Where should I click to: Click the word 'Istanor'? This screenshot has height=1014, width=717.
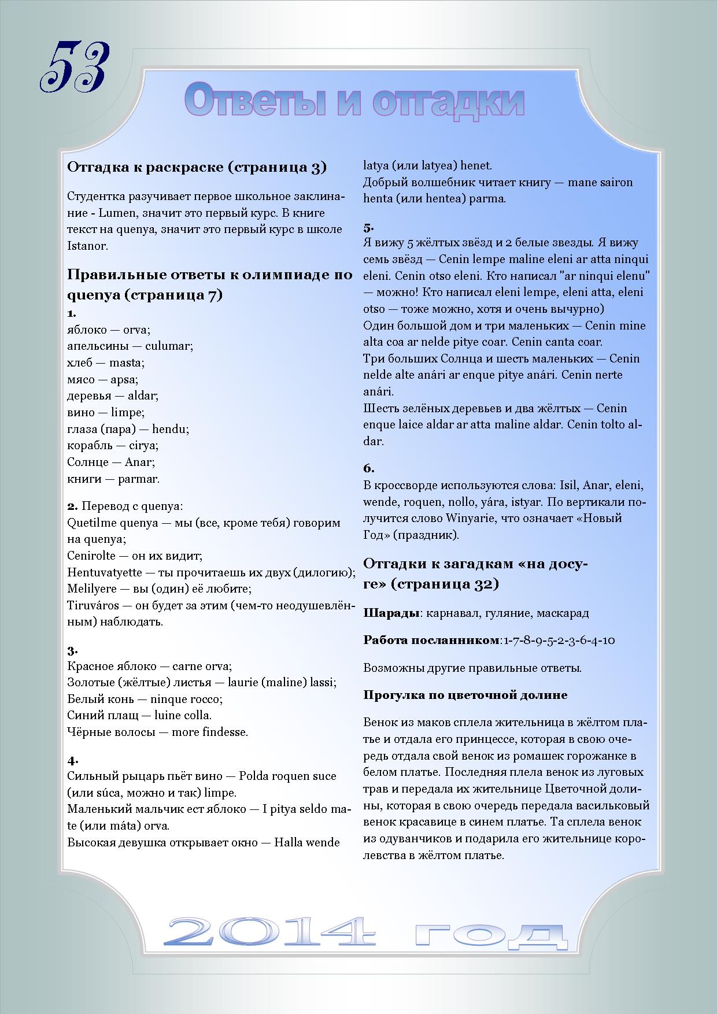[87, 246]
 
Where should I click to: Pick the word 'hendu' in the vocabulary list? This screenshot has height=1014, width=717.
[169, 429]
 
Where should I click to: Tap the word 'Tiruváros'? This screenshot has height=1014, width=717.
[93, 605]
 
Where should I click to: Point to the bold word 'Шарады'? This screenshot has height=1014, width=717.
[391, 613]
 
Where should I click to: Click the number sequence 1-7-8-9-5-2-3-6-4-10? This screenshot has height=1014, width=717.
[559, 641]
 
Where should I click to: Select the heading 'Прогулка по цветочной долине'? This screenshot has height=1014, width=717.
[465, 695]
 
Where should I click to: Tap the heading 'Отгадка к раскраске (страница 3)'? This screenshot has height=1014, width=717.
[197, 168]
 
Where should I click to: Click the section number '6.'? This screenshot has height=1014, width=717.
[369, 468]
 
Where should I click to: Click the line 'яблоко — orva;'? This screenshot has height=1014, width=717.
[109, 330]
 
